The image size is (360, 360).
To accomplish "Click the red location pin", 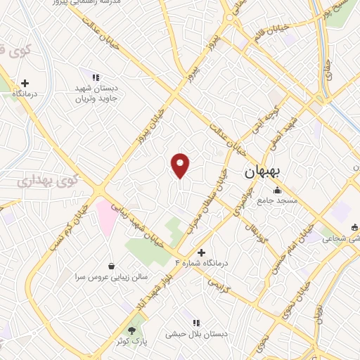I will [181, 165].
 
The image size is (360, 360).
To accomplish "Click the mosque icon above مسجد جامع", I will [278, 190].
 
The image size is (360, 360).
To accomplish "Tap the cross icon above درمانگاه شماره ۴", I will [202, 252].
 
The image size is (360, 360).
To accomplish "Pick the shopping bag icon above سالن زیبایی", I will [111, 266].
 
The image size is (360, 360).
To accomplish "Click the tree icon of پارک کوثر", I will [131, 330].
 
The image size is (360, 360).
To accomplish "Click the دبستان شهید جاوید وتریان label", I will [99, 95].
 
